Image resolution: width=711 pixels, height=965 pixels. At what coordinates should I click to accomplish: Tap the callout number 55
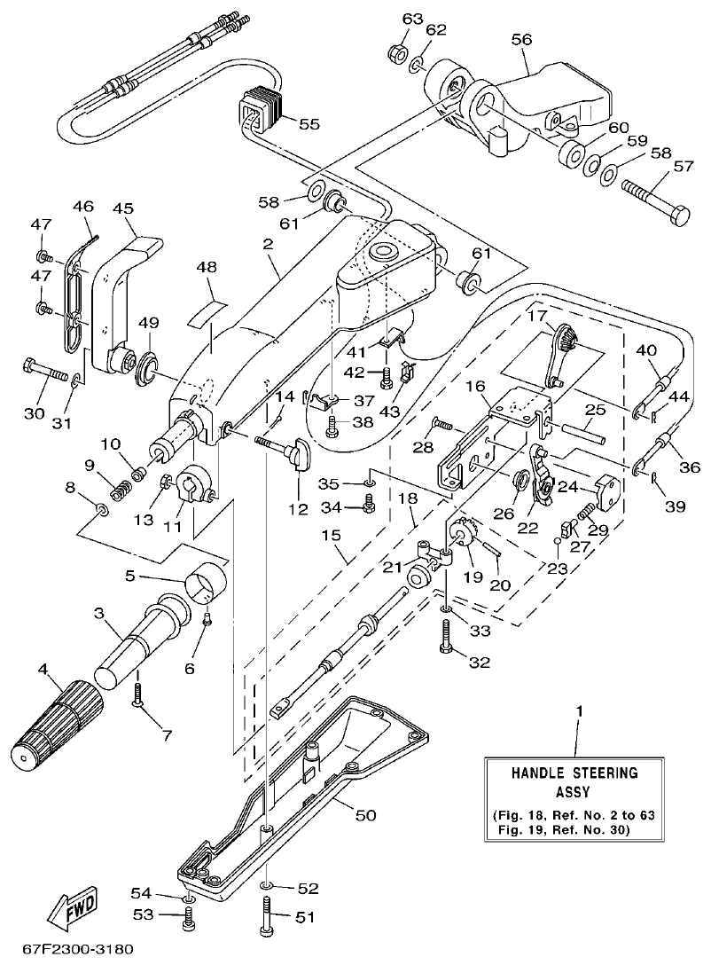click(309, 124)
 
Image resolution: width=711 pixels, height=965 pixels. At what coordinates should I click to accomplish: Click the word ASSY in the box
click(574, 792)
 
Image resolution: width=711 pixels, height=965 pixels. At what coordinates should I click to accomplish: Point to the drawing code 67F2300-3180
click(68, 950)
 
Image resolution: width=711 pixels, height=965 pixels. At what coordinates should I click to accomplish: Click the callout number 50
click(365, 814)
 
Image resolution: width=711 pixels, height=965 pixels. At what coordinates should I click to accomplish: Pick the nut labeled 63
click(398, 52)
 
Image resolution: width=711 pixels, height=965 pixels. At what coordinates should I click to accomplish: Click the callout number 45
click(123, 208)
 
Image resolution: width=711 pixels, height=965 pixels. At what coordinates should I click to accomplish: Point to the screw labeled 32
click(448, 637)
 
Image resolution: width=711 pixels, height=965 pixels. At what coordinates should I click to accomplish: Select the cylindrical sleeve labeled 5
click(206, 582)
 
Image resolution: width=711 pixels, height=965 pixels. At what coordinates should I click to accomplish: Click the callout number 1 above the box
click(580, 711)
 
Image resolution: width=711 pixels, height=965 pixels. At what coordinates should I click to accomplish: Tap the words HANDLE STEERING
click(574, 773)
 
